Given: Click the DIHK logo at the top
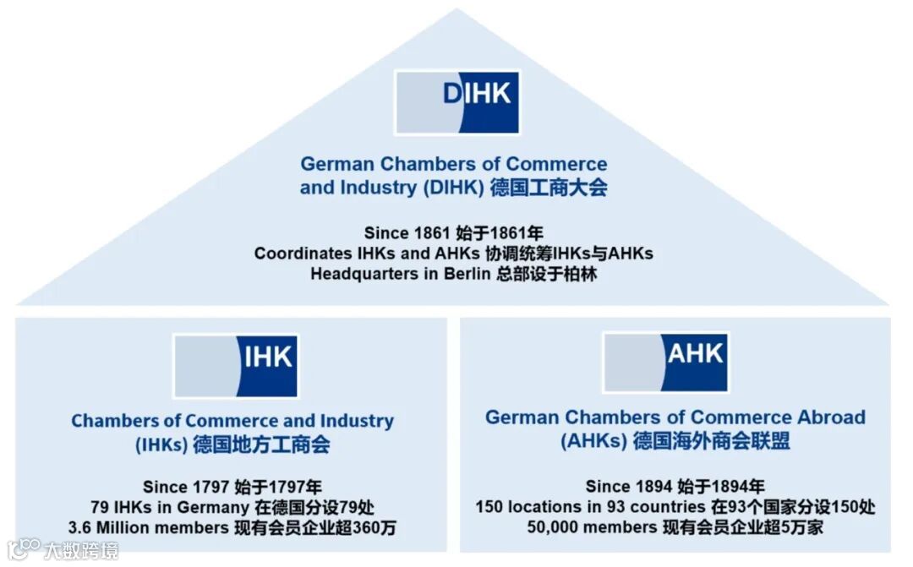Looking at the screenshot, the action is (456, 102).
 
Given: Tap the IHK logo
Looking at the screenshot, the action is (236, 366).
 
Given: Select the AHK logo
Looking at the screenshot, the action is (664, 362).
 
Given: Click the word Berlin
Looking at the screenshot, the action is (467, 275).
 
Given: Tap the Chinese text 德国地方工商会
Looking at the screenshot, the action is (261, 444).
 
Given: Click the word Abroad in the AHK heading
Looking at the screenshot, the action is (831, 417).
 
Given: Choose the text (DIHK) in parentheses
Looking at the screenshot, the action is (452, 188).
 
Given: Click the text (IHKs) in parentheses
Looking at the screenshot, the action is (161, 444).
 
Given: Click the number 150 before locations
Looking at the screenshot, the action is (489, 507).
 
